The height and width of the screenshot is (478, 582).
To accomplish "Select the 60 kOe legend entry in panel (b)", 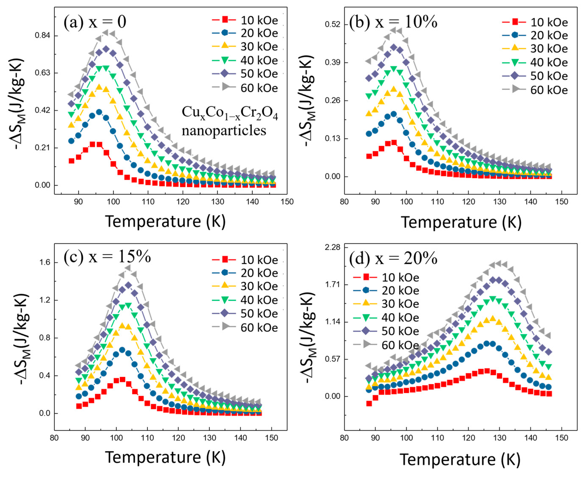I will [x=535, y=90].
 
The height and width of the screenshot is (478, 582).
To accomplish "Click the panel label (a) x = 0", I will [x=95, y=22].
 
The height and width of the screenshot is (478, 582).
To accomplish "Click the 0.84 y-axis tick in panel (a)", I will [x=42, y=36].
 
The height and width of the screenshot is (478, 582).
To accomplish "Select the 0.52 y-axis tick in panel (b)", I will [x=333, y=24].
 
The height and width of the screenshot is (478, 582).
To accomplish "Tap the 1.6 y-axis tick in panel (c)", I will [x=45, y=262].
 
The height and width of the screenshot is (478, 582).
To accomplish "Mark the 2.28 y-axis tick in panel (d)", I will [x=333, y=247].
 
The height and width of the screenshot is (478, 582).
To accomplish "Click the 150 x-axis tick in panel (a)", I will [x=287, y=202].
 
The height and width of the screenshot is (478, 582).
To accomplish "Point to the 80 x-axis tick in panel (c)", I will [x=54, y=438].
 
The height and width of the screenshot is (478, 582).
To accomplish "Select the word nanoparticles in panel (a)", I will [x=224, y=131].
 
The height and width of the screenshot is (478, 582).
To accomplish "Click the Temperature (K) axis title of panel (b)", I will [x=461, y=222].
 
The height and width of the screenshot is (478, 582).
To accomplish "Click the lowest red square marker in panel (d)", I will [x=369, y=403].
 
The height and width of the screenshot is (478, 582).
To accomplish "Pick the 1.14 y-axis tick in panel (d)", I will [x=333, y=322].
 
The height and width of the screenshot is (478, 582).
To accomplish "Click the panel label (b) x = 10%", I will [x=393, y=22].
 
